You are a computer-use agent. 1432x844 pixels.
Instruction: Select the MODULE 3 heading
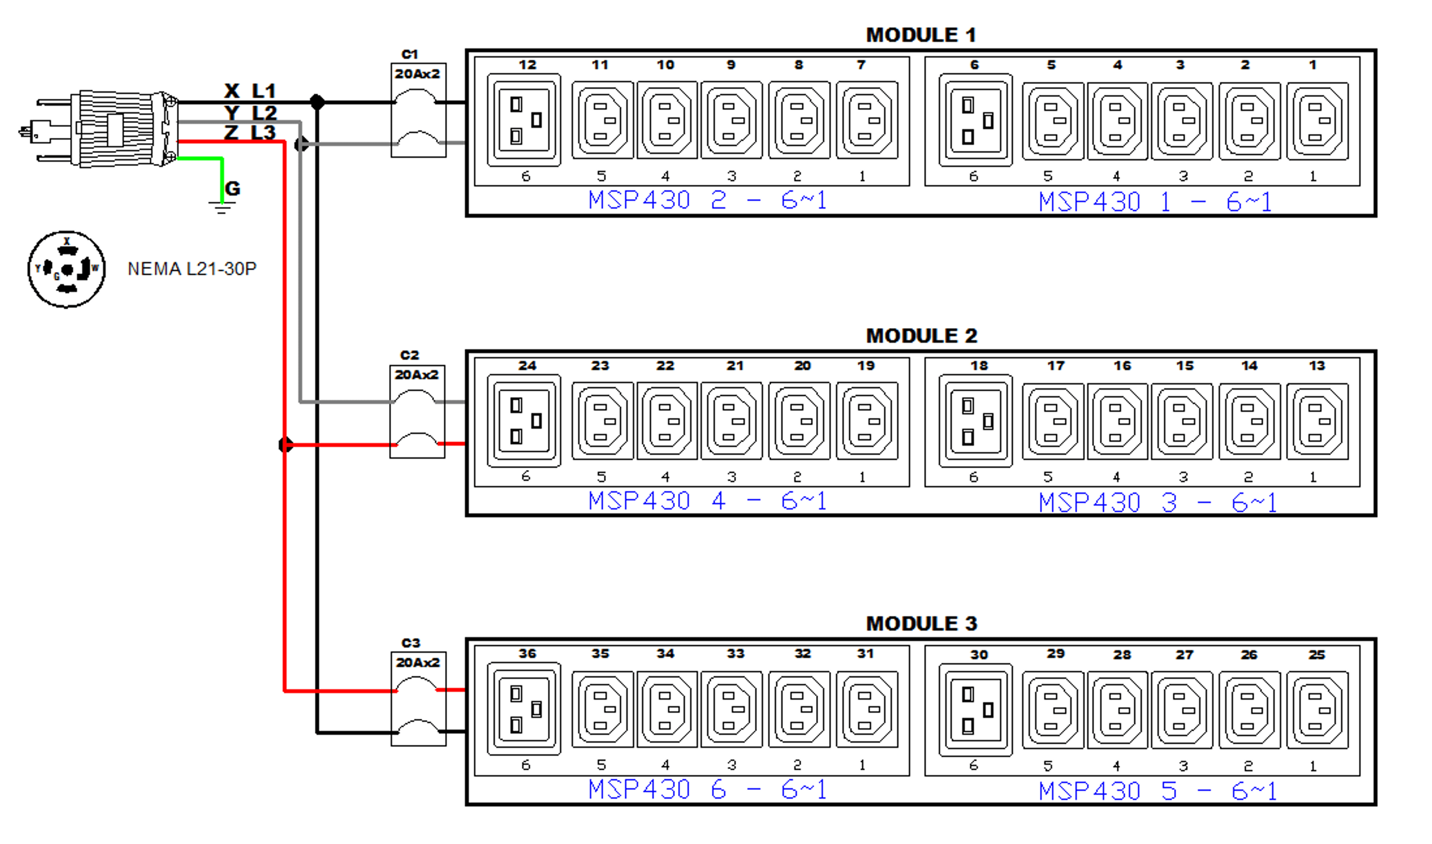coord(921,624)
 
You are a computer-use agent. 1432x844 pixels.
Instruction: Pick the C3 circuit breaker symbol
coord(418,699)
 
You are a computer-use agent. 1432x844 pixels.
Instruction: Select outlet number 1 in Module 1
coord(1317,121)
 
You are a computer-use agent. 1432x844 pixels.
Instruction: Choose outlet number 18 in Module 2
coord(975,421)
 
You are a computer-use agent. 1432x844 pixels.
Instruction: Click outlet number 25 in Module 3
coord(1317,710)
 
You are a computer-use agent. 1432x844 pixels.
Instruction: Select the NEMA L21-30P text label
coord(192,269)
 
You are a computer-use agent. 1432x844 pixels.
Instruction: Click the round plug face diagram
coord(66,269)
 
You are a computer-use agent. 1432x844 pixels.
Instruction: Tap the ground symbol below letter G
coord(222,207)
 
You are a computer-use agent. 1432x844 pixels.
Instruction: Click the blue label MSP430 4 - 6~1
coord(707,501)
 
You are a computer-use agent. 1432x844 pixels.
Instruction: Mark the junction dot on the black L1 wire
coord(317,102)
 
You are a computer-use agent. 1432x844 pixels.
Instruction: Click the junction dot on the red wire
coord(285,445)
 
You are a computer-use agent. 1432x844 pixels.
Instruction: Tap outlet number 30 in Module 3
coord(975,710)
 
